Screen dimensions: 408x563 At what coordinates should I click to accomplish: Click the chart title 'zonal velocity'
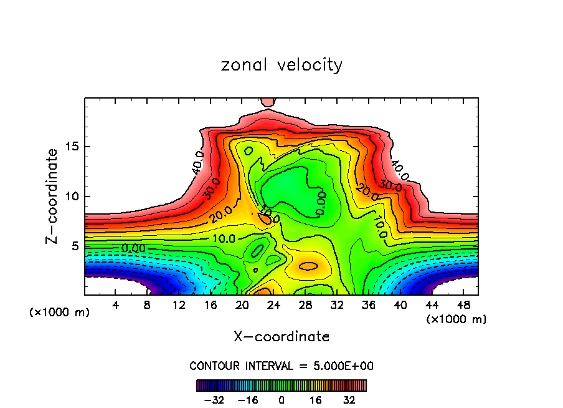click(x=281, y=65)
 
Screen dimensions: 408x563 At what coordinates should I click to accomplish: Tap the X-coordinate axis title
click(x=281, y=337)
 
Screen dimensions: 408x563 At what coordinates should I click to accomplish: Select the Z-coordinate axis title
click(x=53, y=196)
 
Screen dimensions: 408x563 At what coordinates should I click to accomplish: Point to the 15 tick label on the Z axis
click(x=73, y=147)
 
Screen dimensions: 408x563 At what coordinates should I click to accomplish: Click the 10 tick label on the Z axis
click(x=73, y=197)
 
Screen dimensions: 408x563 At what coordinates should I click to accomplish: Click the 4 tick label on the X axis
click(x=116, y=305)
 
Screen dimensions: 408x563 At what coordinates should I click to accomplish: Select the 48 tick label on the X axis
click(x=463, y=305)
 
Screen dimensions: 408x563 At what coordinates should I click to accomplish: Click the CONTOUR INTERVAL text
click(x=281, y=366)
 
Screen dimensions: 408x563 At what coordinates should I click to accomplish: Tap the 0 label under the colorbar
click(x=281, y=400)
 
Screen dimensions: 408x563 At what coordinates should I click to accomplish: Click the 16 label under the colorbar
click(x=315, y=400)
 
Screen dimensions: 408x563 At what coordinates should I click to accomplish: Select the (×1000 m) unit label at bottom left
click(x=60, y=313)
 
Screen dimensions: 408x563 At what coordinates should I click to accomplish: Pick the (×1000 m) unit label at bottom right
click(x=457, y=319)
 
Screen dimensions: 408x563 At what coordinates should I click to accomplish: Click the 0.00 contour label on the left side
click(x=134, y=248)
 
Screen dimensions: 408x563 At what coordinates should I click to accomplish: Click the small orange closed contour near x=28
click(x=308, y=266)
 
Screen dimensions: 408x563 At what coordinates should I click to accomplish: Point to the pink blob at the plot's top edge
click(x=268, y=101)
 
